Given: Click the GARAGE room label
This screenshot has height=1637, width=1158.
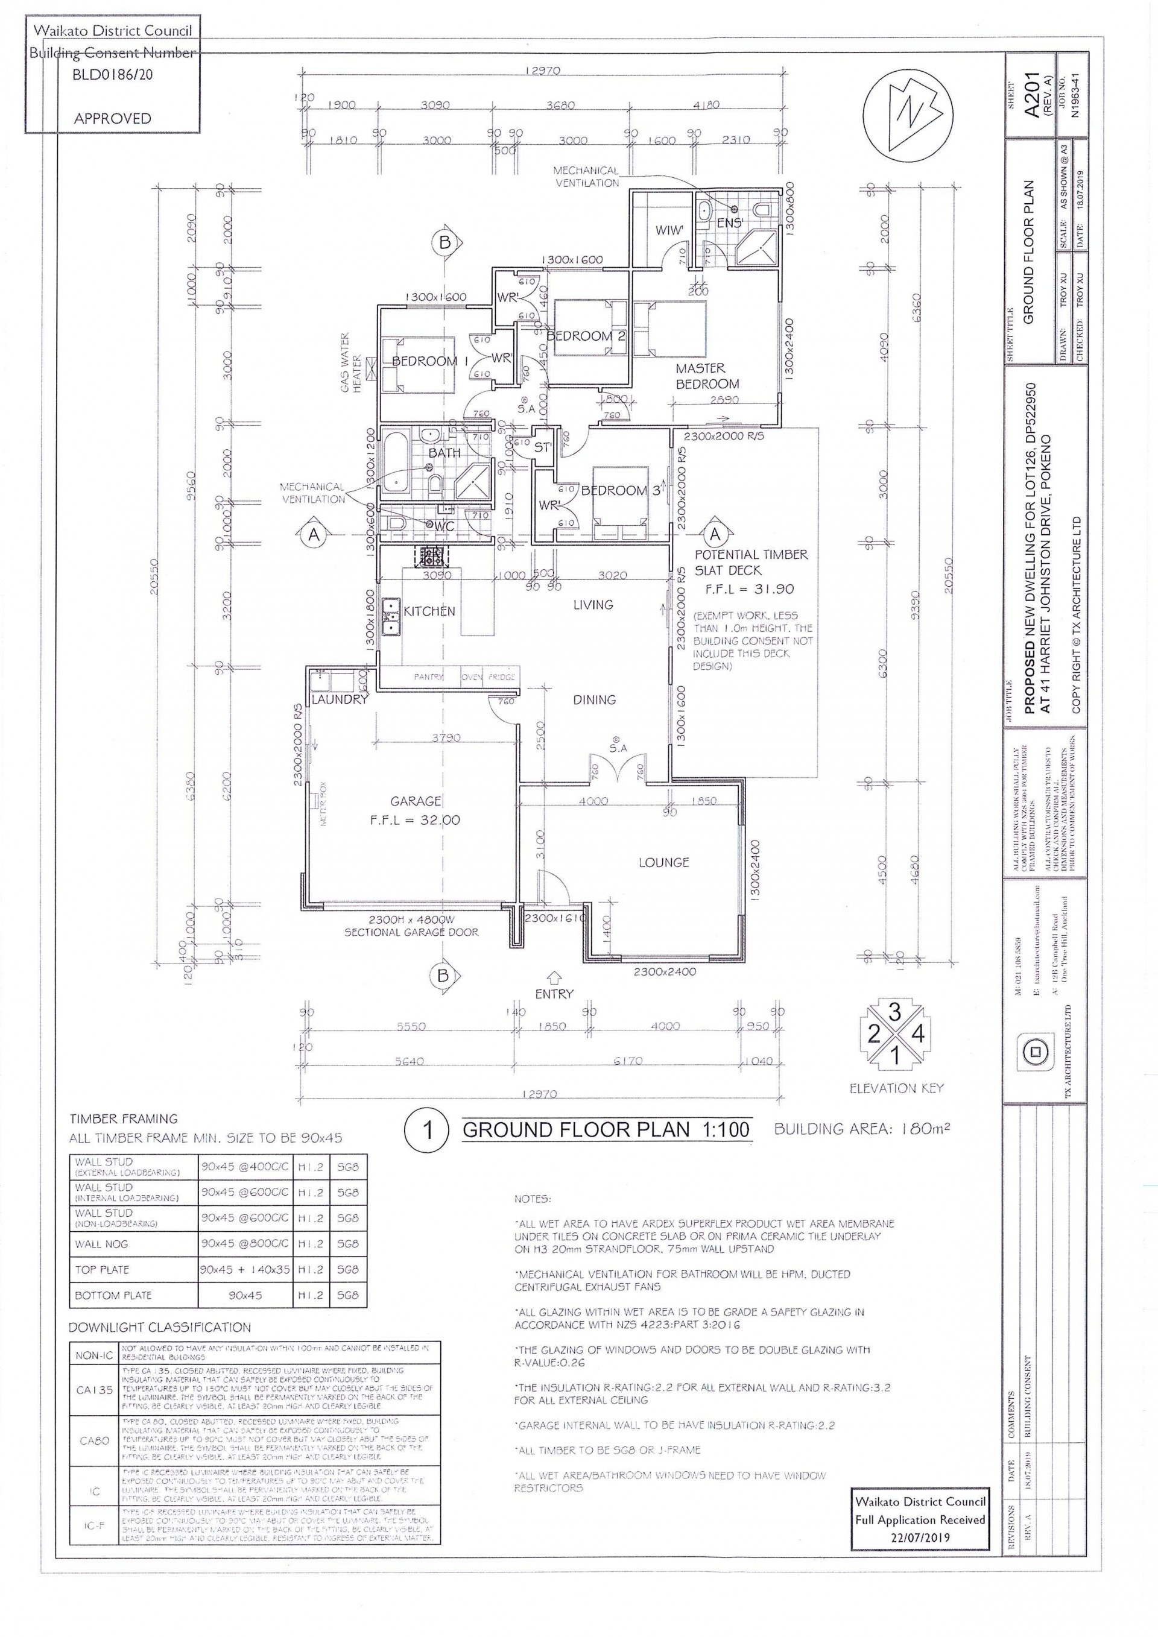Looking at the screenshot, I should pos(415,801).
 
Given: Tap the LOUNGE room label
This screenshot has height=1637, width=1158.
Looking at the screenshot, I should pos(663,862).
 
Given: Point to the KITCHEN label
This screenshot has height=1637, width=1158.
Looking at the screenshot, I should pos(429,611).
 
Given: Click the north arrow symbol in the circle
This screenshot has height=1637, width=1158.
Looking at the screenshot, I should pos(907,114).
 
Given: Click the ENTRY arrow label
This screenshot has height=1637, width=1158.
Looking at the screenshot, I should pos(554,993).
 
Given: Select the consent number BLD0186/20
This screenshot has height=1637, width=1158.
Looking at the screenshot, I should pos(113,74).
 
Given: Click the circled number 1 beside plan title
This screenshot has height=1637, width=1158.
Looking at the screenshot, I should pos(426,1129).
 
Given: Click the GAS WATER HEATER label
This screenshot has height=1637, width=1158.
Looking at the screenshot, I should pos(351,362).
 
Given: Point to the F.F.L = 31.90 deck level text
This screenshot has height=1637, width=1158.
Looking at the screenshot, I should pos(748,589).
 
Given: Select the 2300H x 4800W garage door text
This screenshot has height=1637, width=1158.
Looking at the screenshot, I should pos(411,919).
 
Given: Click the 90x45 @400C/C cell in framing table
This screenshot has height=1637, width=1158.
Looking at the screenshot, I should pos(245,1167).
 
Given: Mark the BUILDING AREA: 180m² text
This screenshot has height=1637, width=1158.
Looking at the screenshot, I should pos(861,1129).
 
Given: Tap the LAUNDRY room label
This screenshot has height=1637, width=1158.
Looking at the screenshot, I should pos(340,699).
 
